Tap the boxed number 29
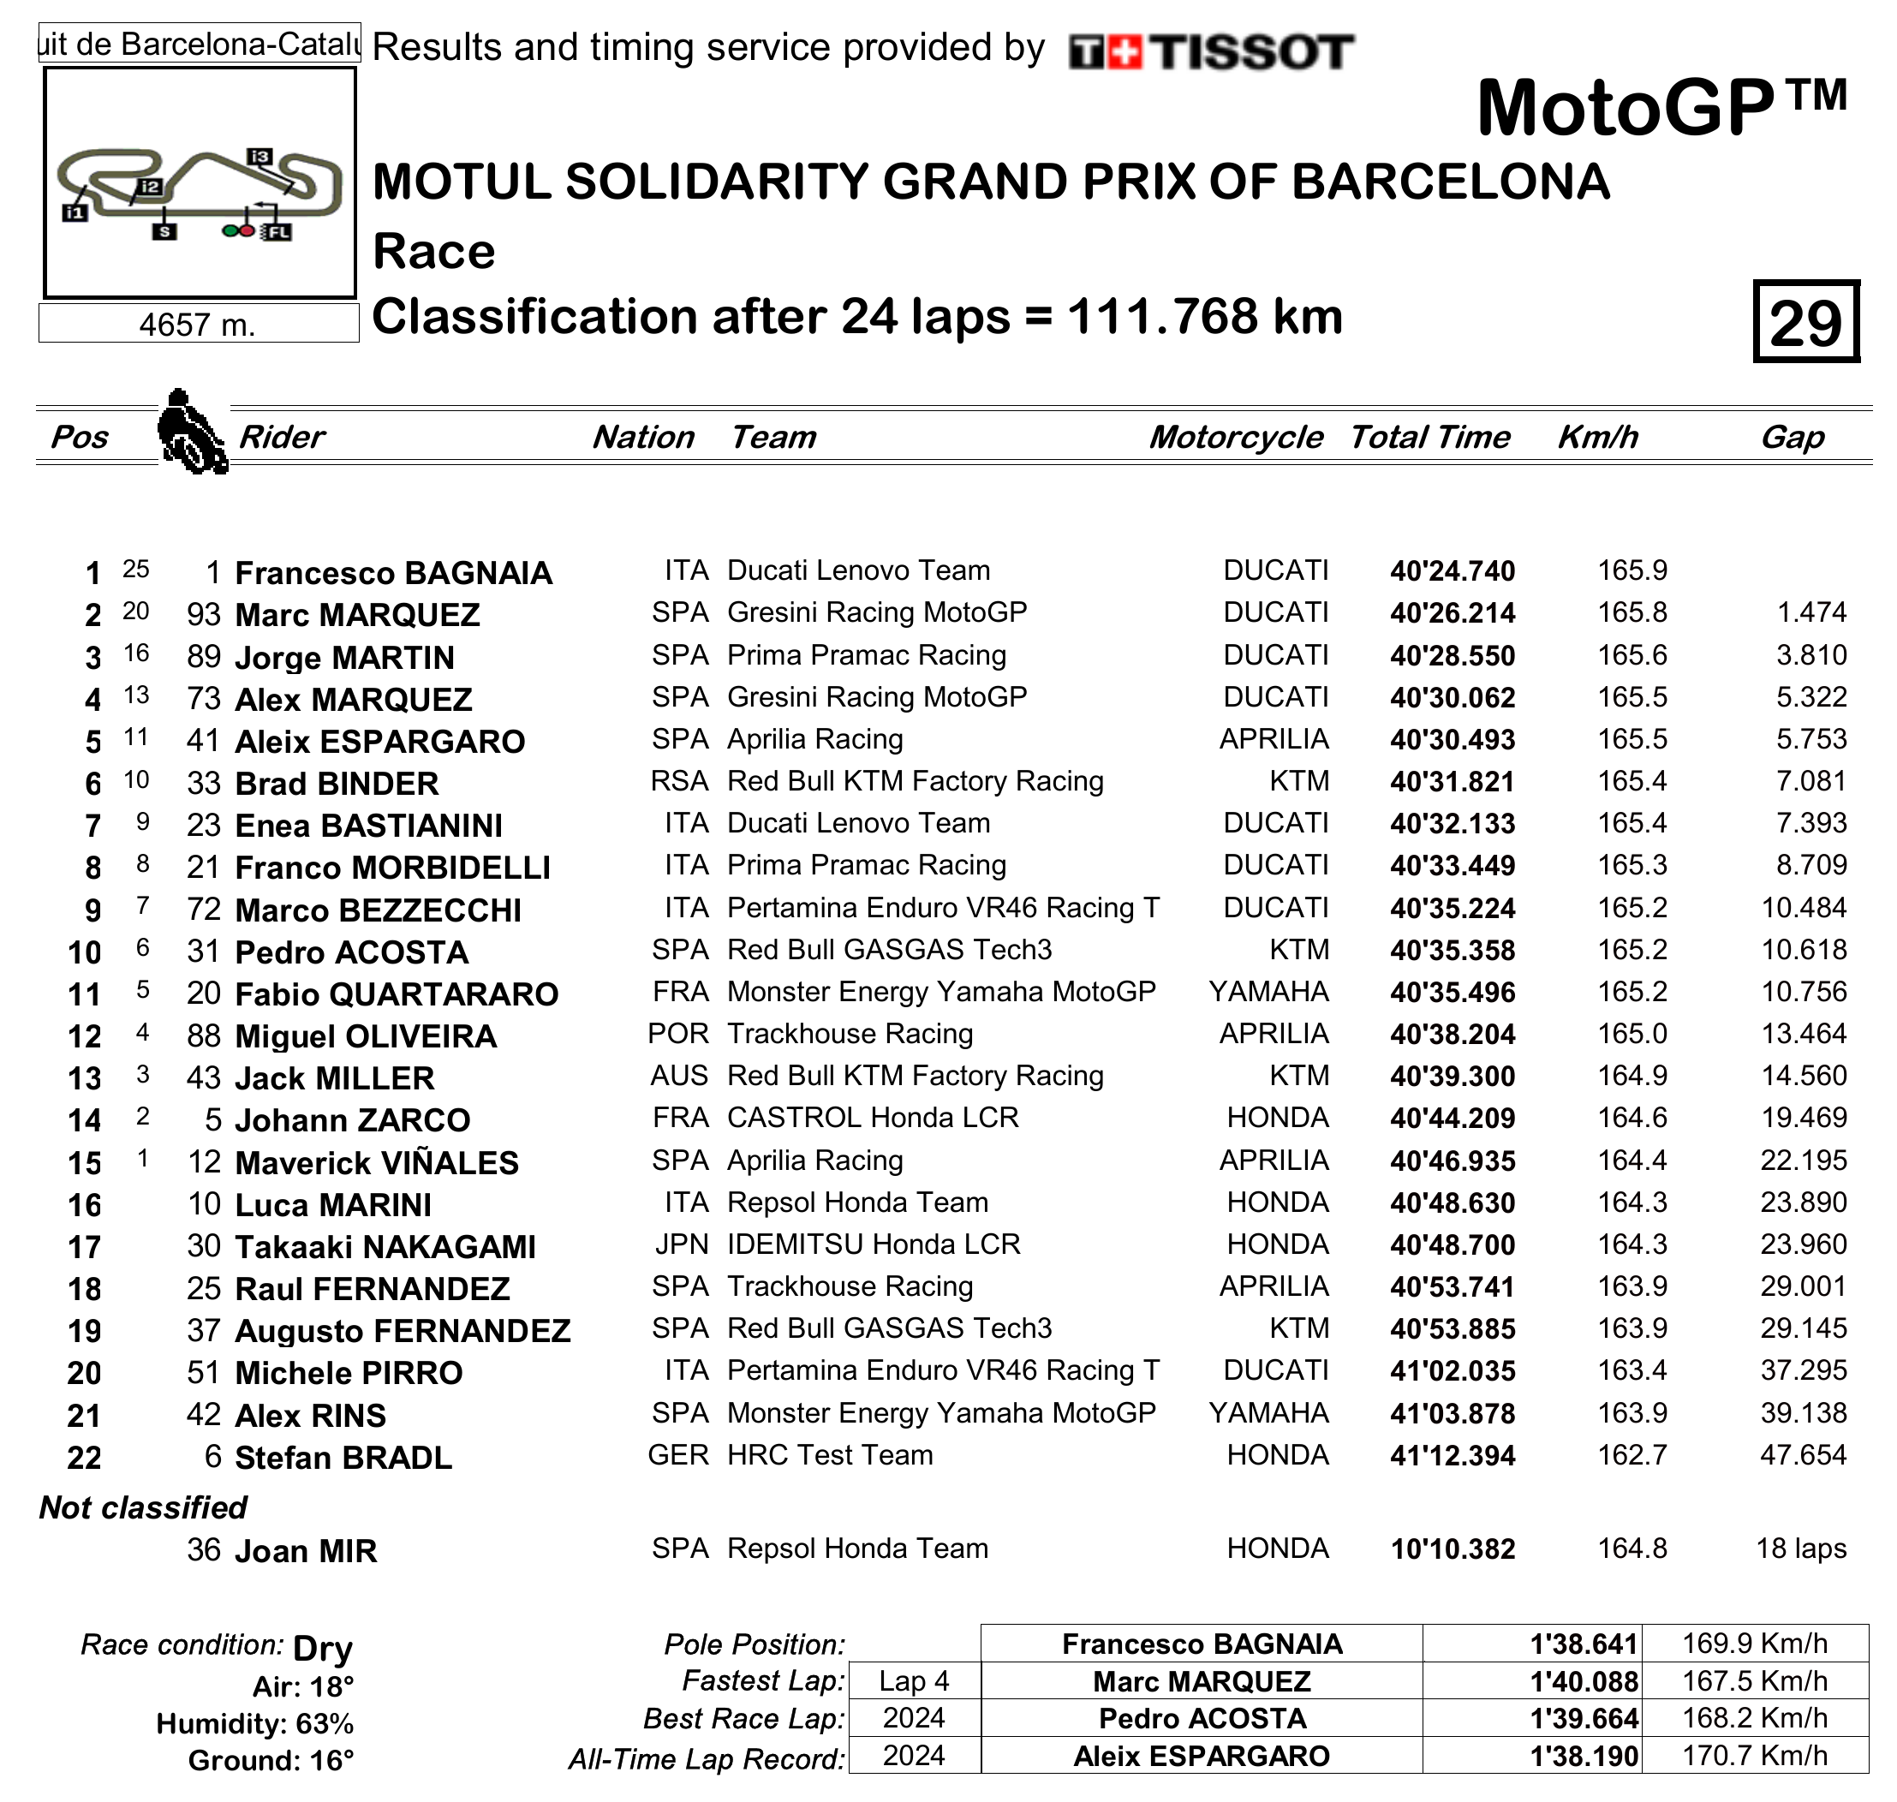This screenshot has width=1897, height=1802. pyautogui.click(x=1805, y=323)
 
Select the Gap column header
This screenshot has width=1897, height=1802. pyautogui.click(x=1792, y=437)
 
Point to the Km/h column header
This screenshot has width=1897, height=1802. pyautogui.click(x=1597, y=437)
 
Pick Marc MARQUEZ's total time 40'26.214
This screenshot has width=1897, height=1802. pyautogui.click(x=1452, y=614)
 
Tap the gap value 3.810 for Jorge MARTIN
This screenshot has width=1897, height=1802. pyautogui.click(x=1811, y=655)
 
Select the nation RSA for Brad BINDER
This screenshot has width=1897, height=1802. pyautogui.click(x=679, y=782)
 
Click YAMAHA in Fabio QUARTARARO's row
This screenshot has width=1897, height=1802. pyautogui.click(x=1268, y=991)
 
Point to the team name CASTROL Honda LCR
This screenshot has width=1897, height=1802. pyautogui.click(x=872, y=1118)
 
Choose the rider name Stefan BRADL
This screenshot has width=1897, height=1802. pyautogui.click(x=343, y=1458)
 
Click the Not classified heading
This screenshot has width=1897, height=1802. pyautogui.click(x=143, y=1508)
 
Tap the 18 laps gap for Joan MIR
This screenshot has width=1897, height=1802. pyautogui.click(x=1801, y=1548)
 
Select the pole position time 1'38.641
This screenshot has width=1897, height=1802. pyautogui.click(x=1583, y=1644)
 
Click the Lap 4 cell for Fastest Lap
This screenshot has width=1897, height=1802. pyautogui.click(x=914, y=1681)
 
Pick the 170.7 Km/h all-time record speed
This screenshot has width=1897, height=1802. pyautogui.click(x=1754, y=1756)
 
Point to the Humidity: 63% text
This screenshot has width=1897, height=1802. pyautogui.click(x=254, y=1724)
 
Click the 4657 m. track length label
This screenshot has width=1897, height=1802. pyautogui.click(x=197, y=325)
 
